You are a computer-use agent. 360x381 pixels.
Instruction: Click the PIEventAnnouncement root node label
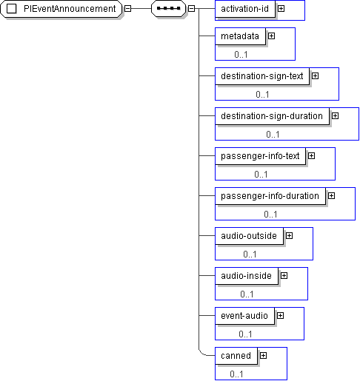(70, 9)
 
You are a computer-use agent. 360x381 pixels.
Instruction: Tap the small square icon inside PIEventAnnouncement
(11, 9)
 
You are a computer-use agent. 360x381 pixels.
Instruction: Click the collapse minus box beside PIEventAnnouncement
(127, 9)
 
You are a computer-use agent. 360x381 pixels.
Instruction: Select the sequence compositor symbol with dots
(169, 9)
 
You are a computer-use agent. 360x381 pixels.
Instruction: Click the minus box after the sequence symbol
(191, 9)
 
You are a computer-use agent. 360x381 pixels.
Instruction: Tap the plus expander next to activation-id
(281, 9)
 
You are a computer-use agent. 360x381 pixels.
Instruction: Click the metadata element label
(240, 36)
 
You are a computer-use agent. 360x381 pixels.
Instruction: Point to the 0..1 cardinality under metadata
(241, 55)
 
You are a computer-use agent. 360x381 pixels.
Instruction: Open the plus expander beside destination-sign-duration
(335, 115)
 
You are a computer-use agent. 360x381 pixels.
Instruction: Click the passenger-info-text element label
(260, 156)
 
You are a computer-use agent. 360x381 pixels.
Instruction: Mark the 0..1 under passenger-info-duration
(270, 215)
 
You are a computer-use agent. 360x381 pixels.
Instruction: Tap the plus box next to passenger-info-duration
(331, 195)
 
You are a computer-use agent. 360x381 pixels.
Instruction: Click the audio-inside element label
(246, 276)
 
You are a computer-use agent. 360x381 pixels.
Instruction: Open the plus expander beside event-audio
(280, 315)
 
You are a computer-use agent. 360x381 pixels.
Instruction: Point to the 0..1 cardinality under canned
(236, 374)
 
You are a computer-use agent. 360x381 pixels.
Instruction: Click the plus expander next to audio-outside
(289, 235)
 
